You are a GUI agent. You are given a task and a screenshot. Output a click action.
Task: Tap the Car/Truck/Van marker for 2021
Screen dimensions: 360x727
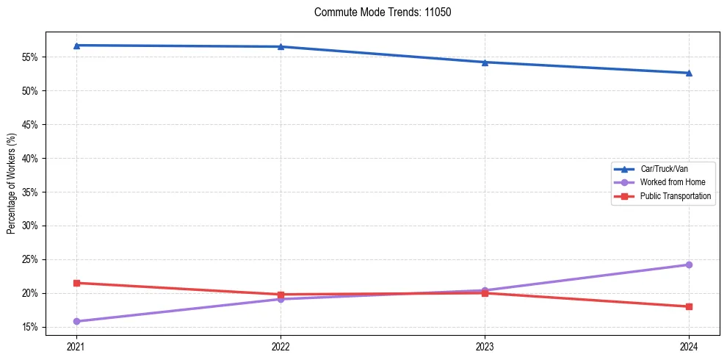[x=76, y=46]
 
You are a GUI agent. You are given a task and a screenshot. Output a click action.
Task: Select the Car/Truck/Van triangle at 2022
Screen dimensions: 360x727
[x=281, y=47]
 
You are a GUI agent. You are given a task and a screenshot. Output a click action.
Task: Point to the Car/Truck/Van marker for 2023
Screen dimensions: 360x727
[x=485, y=62]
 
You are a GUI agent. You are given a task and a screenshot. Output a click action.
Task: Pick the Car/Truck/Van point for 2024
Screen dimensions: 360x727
[x=689, y=73]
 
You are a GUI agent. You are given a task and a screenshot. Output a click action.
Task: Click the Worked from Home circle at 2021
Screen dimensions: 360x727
[x=76, y=321]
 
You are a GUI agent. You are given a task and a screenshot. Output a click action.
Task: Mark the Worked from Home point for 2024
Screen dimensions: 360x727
[x=689, y=264]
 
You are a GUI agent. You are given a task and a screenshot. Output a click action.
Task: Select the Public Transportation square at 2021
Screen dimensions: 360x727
[x=76, y=283]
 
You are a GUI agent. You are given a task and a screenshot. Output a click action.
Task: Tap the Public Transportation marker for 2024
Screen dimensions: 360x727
[x=689, y=306]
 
